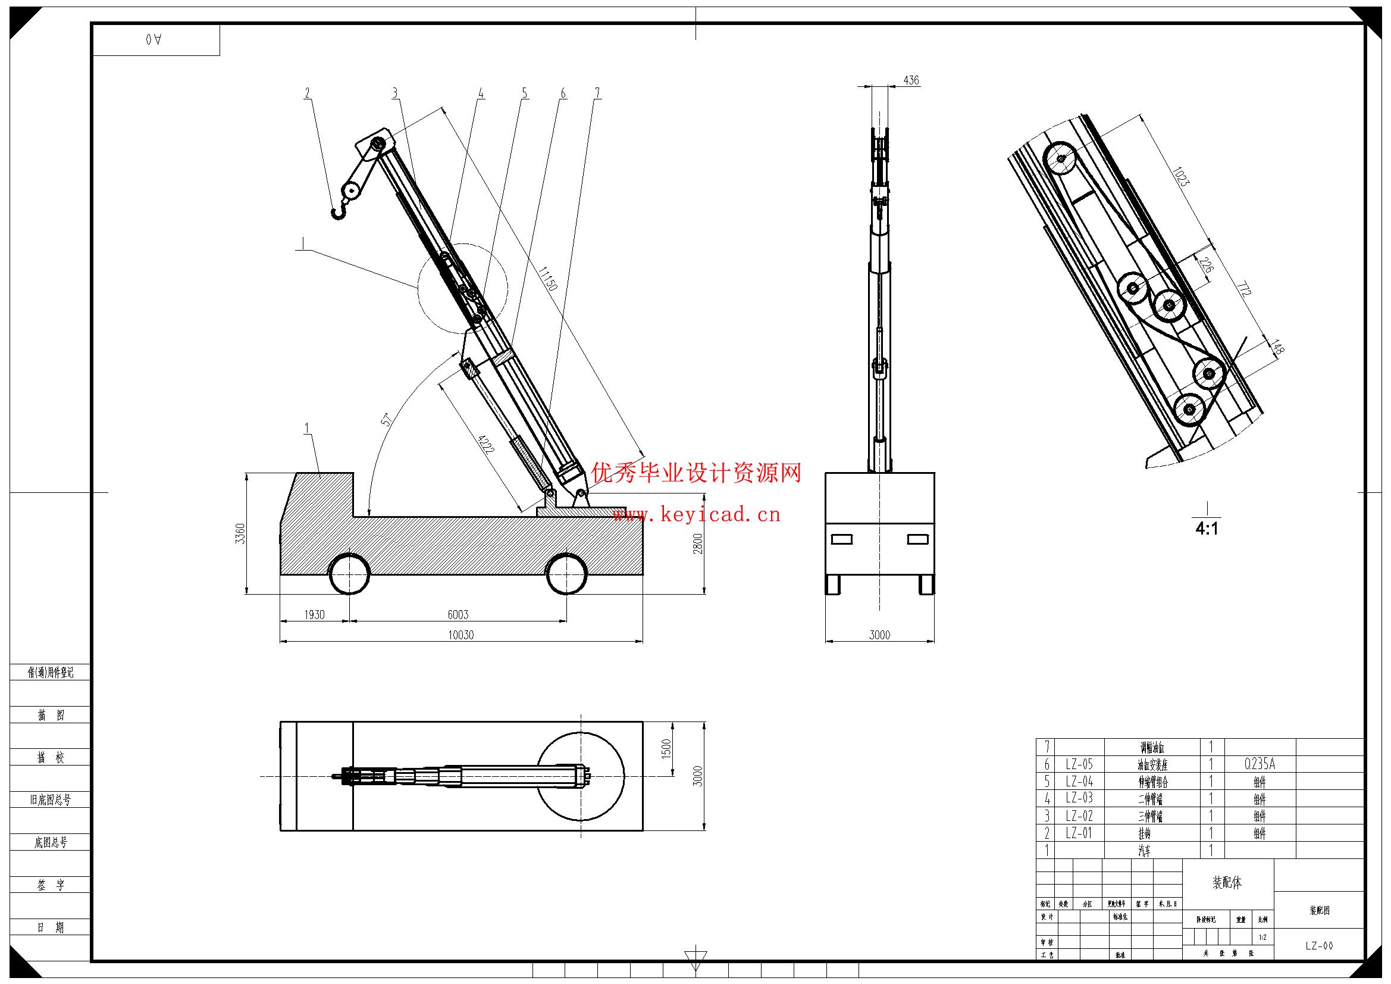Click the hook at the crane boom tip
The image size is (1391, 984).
(x=339, y=211)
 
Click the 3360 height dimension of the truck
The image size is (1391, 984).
(x=240, y=533)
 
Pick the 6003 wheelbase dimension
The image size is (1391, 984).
(x=458, y=614)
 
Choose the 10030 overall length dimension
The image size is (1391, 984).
(x=460, y=635)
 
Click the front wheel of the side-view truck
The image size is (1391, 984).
(x=350, y=573)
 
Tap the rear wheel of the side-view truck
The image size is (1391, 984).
(x=567, y=573)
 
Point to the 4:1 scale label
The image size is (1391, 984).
(x=1207, y=529)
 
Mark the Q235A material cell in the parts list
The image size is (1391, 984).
(x=1260, y=764)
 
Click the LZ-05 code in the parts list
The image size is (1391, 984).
(x=1080, y=764)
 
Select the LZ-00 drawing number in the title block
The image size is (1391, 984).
(x=1319, y=946)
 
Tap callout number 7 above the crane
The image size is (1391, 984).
(x=597, y=93)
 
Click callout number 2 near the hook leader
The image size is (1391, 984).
(x=307, y=93)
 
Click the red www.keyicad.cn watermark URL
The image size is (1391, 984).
(x=697, y=516)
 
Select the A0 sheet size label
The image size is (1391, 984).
(x=154, y=39)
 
